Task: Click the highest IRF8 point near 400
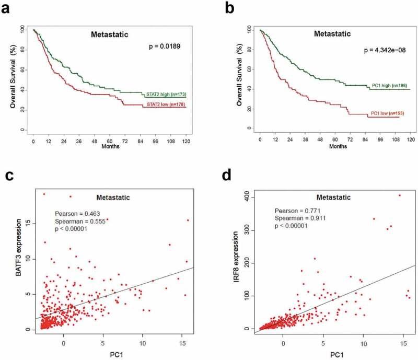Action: click(400, 195)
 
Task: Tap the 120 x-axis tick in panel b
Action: click(411, 140)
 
